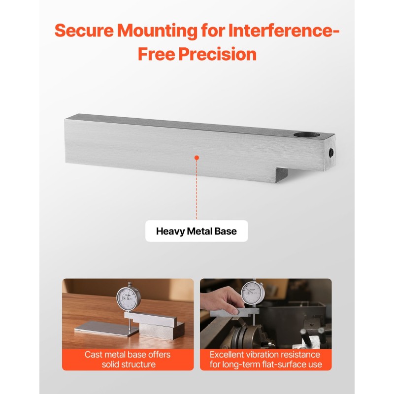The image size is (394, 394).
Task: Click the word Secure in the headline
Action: tap(84, 31)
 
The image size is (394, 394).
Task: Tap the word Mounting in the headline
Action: tap(158, 31)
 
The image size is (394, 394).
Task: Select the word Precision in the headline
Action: tap(217, 54)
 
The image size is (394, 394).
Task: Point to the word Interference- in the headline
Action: tap(284, 31)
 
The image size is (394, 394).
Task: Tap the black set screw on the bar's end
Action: tap(331, 153)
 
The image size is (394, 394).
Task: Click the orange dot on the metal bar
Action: tap(197, 158)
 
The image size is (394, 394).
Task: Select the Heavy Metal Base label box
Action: tap(197, 231)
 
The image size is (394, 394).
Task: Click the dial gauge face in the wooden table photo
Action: tap(128, 299)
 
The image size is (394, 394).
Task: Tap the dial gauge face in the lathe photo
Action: tap(253, 293)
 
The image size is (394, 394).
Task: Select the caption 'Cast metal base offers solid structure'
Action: tap(128, 360)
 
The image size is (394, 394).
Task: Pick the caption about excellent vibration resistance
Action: tap(265, 360)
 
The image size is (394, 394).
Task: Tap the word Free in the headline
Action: tap(156, 54)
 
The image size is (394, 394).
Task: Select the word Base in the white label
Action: tap(226, 231)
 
